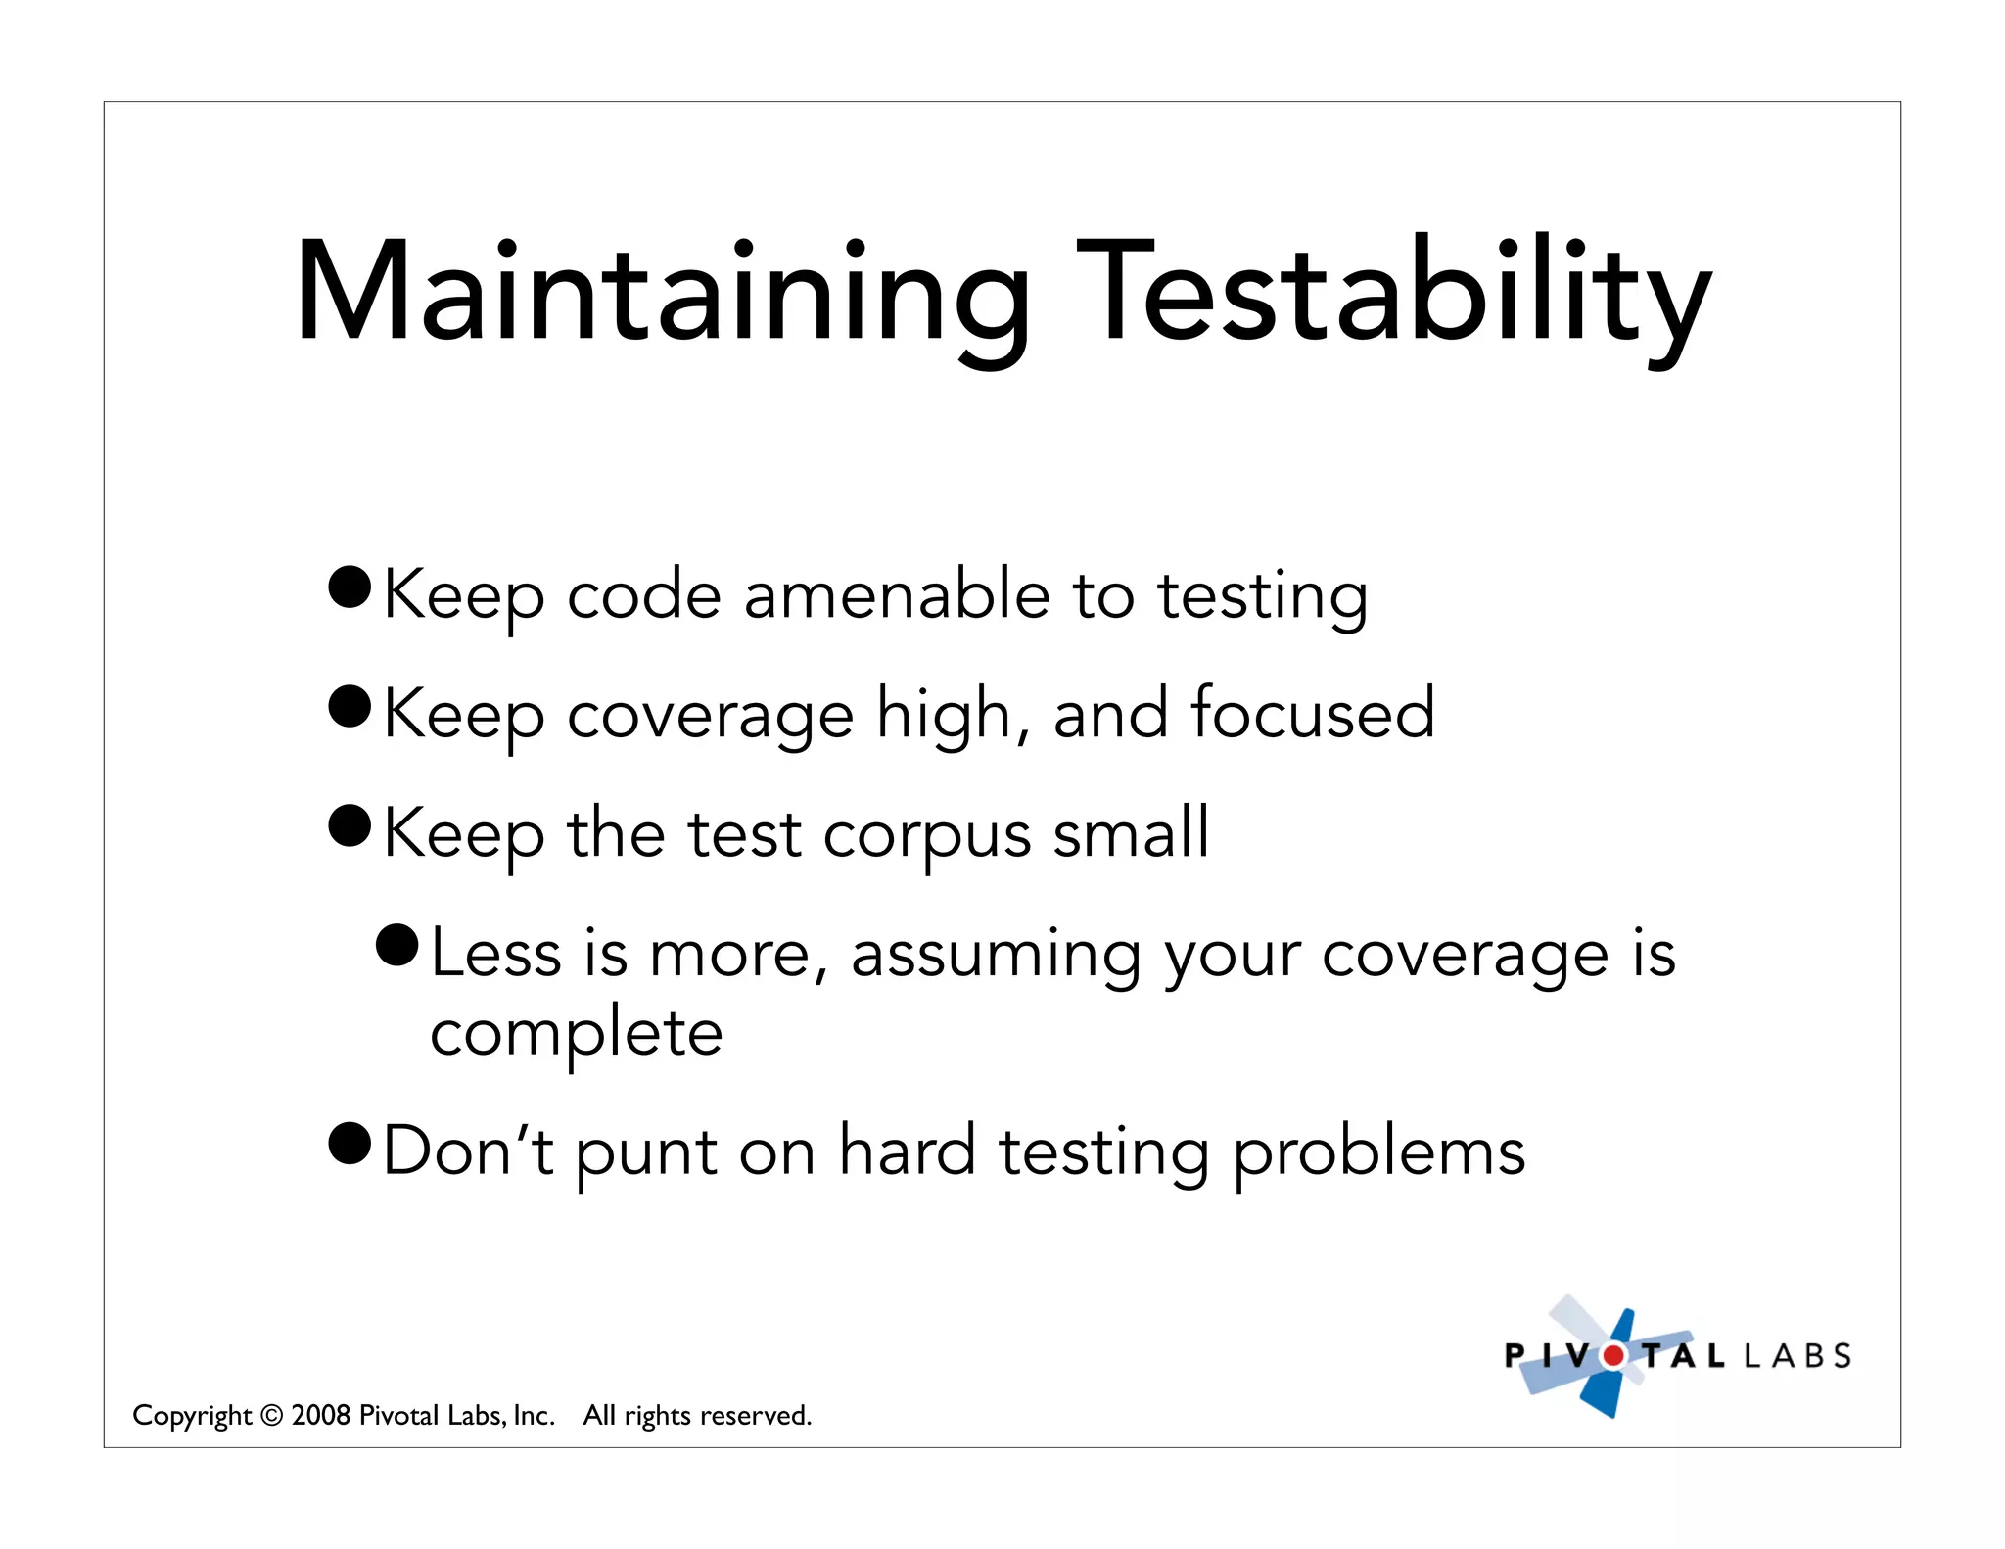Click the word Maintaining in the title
662,294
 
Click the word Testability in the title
1394,294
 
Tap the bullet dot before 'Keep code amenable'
350,587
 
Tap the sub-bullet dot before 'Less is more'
397,945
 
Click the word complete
576,1034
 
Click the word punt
646,1151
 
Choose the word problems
1377,1151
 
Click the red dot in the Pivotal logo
1612,1356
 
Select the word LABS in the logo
1797,1356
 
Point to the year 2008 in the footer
321,1415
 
